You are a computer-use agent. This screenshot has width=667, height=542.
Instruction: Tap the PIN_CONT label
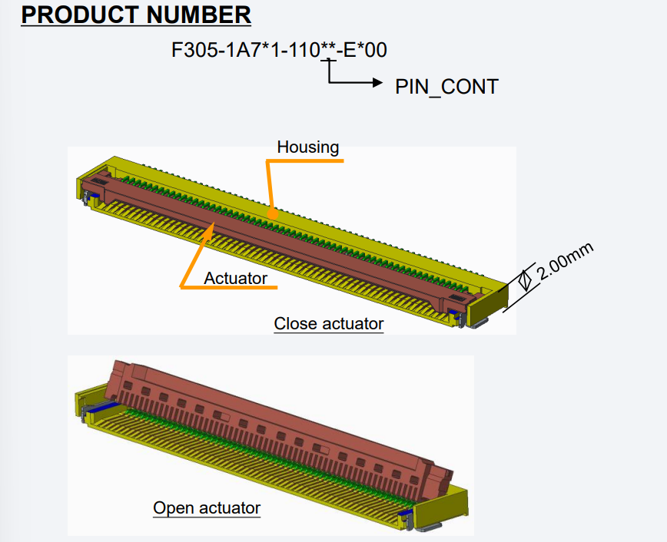(446, 87)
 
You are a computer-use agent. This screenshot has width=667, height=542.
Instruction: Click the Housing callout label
(307, 147)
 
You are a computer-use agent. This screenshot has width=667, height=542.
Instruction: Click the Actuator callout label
(235, 278)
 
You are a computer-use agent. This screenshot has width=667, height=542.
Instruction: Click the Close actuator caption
(328, 323)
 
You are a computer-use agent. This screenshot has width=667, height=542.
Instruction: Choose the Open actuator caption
(207, 507)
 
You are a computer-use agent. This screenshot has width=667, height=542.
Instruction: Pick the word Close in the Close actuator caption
(295, 323)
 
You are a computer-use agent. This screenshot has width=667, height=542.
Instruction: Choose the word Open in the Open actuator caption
(174, 507)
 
